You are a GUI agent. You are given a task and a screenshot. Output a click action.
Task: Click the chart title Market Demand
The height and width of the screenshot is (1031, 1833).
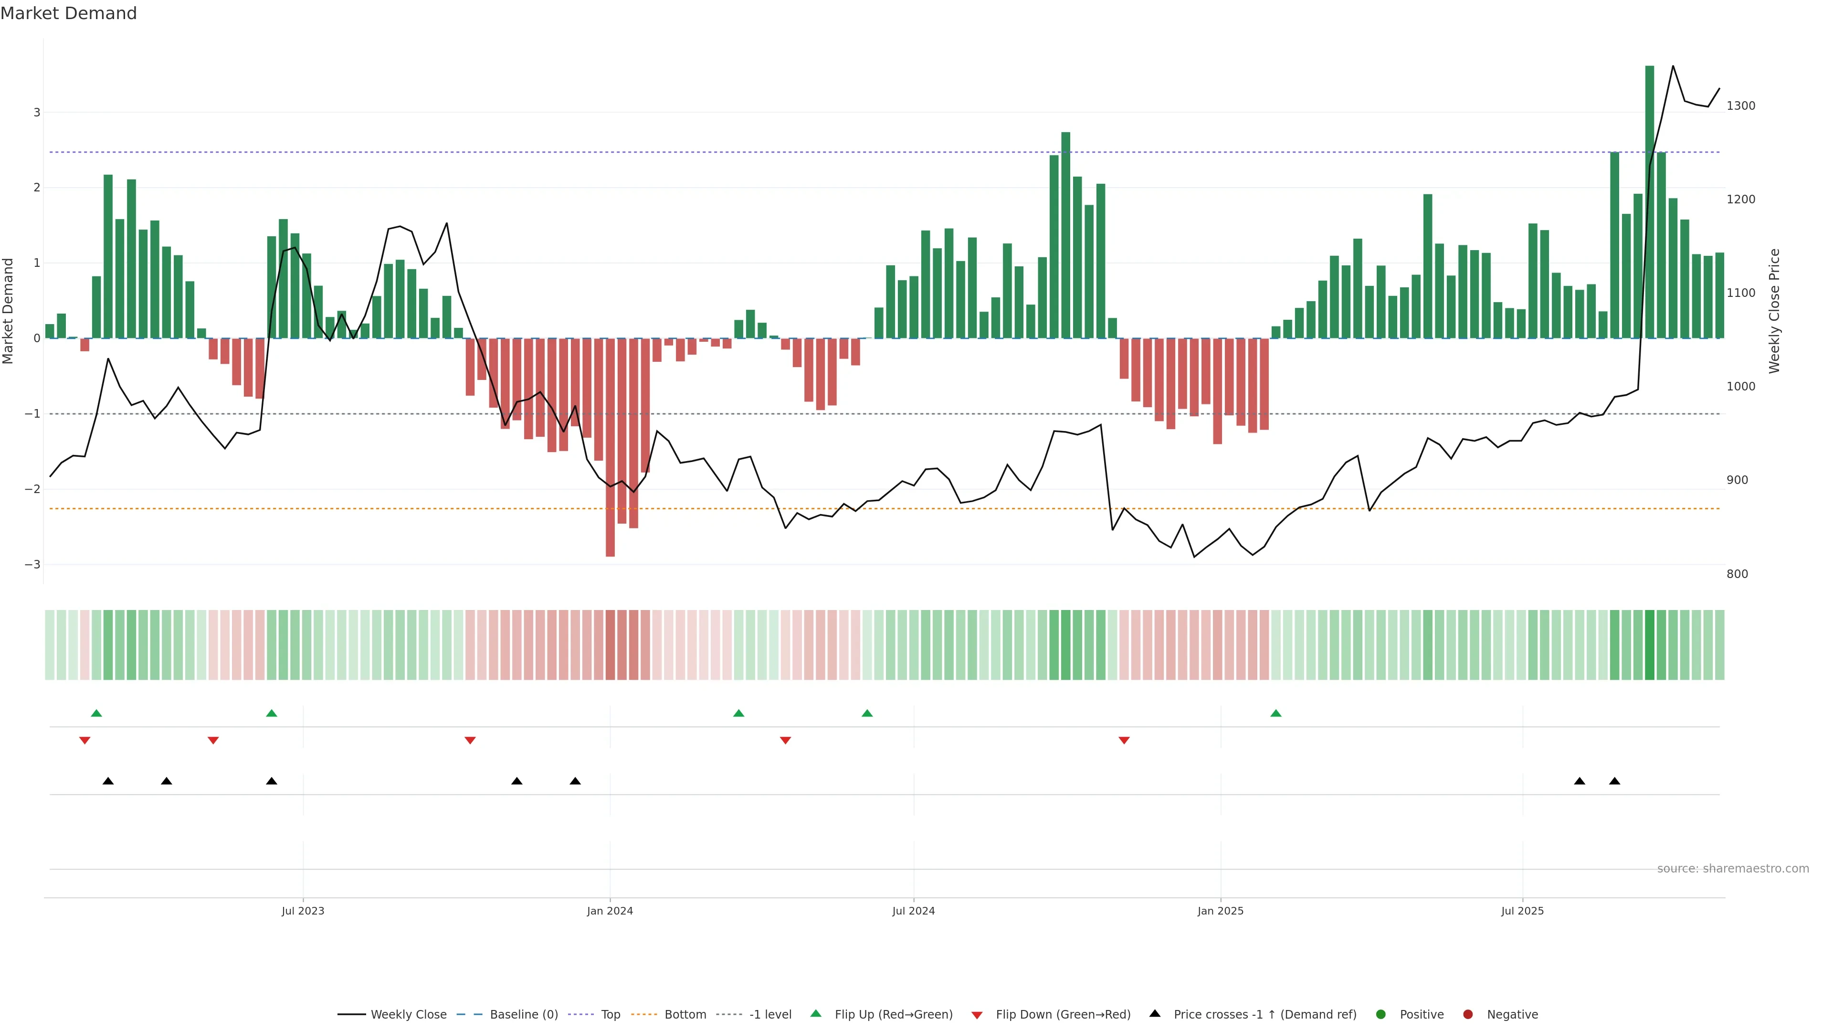(x=68, y=13)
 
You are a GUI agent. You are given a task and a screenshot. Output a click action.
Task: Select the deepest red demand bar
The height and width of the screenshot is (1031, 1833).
(x=610, y=448)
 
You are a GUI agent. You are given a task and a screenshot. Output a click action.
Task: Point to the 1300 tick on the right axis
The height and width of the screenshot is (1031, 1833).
(x=1740, y=106)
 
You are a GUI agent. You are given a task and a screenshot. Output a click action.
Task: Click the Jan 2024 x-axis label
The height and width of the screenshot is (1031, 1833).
(x=610, y=911)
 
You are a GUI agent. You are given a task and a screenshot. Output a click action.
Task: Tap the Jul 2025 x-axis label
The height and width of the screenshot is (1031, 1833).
(x=1522, y=911)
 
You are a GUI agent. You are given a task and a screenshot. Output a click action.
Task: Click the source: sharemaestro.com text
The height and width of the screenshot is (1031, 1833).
(x=1733, y=869)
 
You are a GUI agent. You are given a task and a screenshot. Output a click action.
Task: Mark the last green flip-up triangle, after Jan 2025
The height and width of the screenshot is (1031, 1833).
(x=1276, y=713)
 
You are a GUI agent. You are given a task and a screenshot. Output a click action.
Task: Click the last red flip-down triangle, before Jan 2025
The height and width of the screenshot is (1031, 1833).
(x=1124, y=741)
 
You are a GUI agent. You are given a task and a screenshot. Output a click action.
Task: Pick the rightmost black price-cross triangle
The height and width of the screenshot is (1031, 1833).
(x=1614, y=781)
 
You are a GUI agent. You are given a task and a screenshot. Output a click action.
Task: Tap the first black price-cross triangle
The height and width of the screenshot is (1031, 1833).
(x=108, y=781)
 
